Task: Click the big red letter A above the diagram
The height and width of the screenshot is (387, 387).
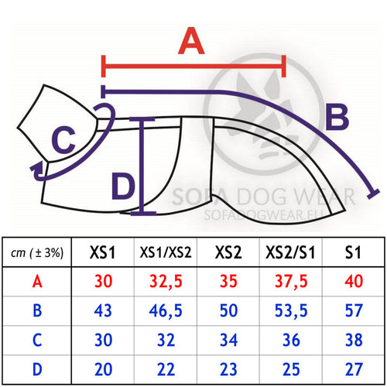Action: [x=191, y=41]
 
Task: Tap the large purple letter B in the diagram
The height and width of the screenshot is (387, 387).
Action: [x=337, y=117]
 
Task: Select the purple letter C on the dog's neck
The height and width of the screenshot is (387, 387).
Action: [x=63, y=140]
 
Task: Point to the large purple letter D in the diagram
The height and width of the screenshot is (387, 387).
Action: [x=123, y=187]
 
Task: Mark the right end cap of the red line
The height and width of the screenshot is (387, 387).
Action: [x=284, y=66]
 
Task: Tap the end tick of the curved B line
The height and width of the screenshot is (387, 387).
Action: [x=373, y=193]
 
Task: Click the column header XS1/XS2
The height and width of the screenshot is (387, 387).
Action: [x=166, y=252]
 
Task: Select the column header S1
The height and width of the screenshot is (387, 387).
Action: [x=353, y=252]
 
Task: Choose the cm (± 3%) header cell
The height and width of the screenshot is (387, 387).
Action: [x=37, y=252]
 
